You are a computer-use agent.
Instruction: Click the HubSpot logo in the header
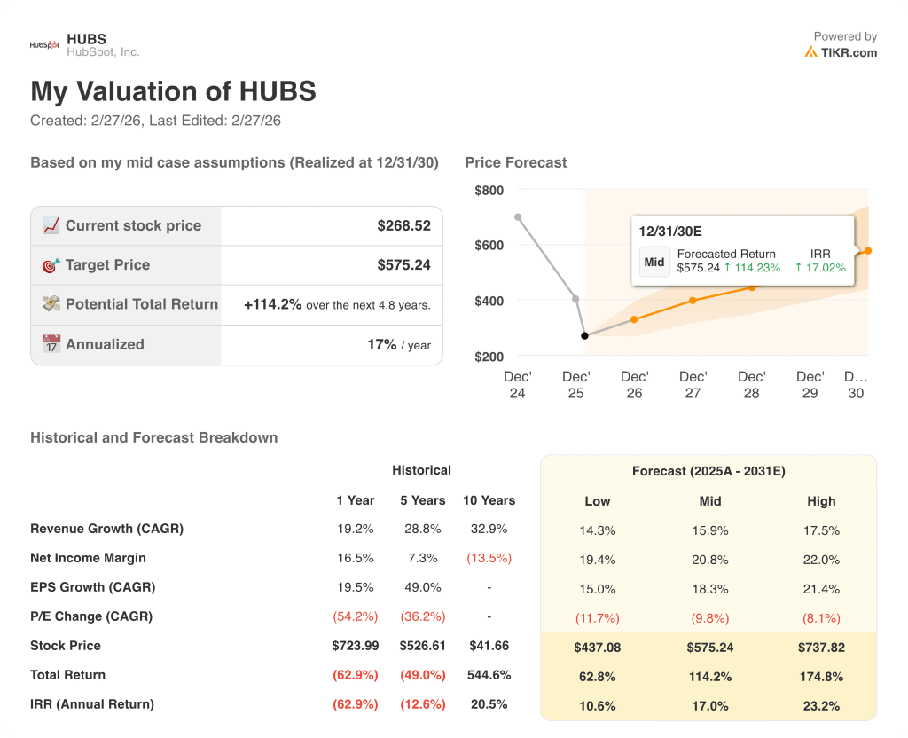[44, 45]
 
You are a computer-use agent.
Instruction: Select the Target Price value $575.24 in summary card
[403, 265]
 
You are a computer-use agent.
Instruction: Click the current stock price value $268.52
[403, 226]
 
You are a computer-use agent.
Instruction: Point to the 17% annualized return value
[382, 345]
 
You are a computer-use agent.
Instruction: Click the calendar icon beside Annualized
[51, 344]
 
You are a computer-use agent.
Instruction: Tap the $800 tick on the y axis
[489, 191]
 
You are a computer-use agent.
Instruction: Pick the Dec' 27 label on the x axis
[693, 385]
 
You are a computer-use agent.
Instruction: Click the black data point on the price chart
[584, 335]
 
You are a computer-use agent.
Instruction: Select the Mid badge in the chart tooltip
[654, 262]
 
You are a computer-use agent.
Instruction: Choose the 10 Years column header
[489, 500]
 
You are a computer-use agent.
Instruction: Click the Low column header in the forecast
[598, 501]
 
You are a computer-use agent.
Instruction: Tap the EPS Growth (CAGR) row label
[92, 587]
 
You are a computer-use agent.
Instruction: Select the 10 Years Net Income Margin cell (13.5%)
[489, 559]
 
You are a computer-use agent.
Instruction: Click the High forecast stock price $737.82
[821, 648]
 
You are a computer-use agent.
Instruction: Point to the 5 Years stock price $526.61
[423, 646]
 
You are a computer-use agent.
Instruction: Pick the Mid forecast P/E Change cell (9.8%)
[709, 618]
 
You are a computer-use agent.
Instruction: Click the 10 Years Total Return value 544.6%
[489, 675]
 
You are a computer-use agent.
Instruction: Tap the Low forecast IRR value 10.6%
[598, 706]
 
